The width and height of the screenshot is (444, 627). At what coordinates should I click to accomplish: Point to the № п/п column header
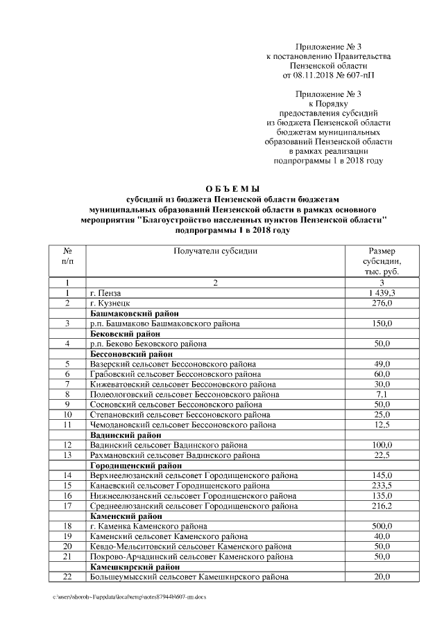coord(67,256)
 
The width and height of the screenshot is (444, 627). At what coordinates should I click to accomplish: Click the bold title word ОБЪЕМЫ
coord(233,188)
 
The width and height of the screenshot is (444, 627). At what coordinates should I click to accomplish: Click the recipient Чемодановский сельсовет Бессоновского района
coord(182,425)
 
